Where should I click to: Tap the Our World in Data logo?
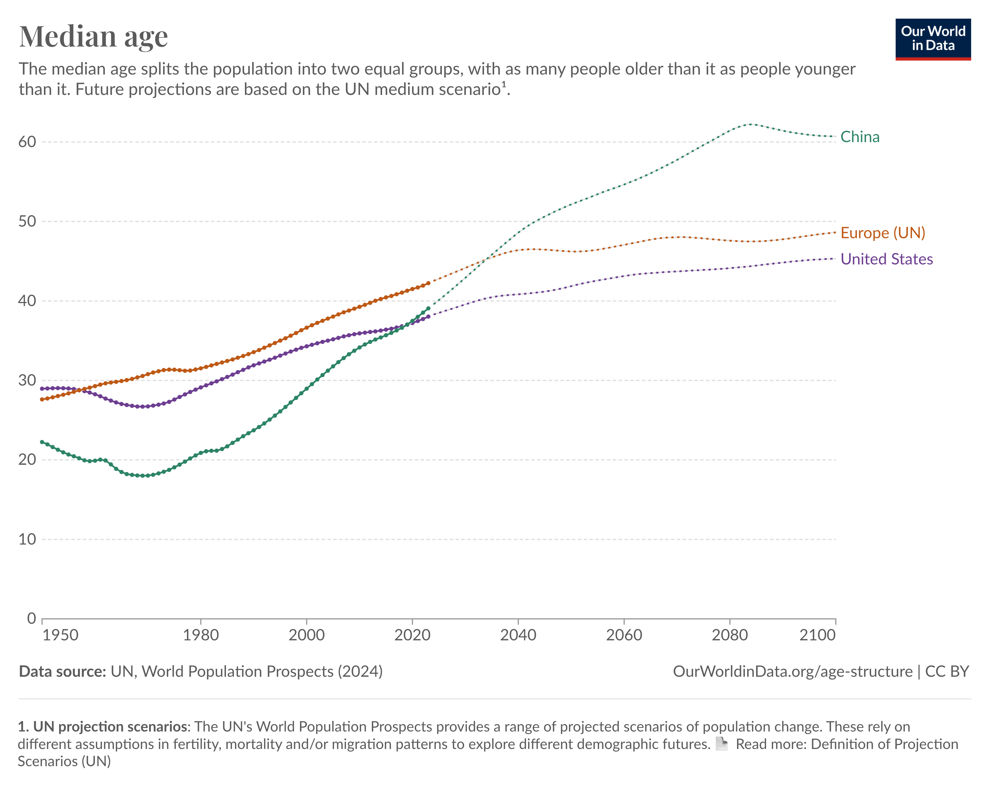(x=933, y=39)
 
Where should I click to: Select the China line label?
(x=860, y=137)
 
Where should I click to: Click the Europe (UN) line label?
(x=882, y=233)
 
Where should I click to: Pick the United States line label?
(x=886, y=259)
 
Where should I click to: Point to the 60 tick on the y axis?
(x=27, y=142)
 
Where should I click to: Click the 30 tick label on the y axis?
(x=27, y=380)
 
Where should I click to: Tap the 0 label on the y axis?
(x=31, y=619)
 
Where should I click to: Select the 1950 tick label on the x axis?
(x=60, y=635)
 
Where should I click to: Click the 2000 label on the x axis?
(x=306, y=635)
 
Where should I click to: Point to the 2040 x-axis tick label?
(x=518, y=635)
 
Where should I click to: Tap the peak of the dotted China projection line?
(x=751, y=124)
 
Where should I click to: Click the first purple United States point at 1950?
(x=42, y=388)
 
